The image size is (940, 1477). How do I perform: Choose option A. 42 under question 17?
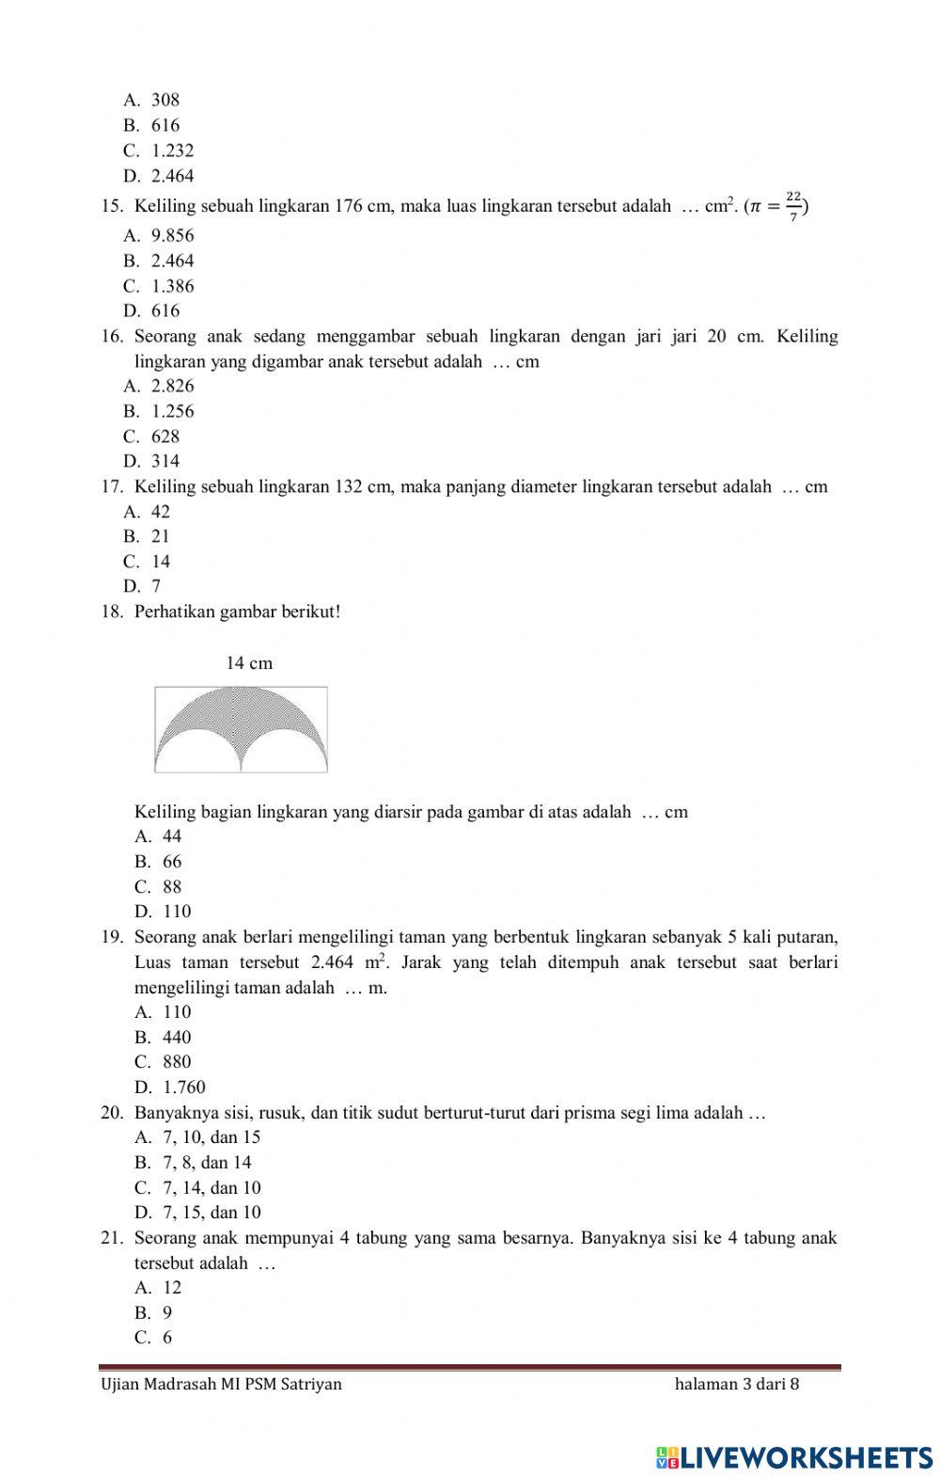click(147, 512)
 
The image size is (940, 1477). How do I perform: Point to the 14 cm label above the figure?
click(249, 663)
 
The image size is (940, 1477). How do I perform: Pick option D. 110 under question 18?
click(163, 912)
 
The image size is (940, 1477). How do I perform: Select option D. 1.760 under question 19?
click(170, 1088)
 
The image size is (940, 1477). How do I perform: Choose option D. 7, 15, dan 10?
click(197, 1213)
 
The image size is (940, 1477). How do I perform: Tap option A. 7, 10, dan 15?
click(197, 1137)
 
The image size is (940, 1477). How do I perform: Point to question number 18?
click(112, 612)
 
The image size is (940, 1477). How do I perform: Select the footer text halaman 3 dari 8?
click(737, 1384)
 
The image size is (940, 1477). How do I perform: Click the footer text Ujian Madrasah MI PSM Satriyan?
click(221, 1384)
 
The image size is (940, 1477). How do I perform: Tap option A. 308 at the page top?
click(151, 100)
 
